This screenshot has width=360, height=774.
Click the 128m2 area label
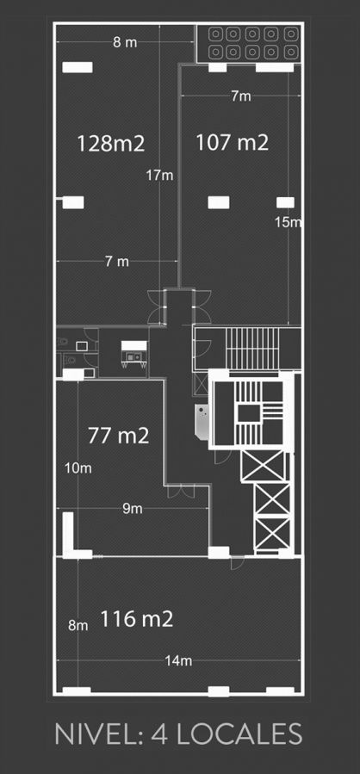click(x=110, y=144)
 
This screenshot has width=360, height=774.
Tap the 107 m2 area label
click(x=232, y=143)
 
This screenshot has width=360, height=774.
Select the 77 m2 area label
click(x=119, y=436)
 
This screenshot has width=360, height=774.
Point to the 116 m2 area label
click(x=137, y=618)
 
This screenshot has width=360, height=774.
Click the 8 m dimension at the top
click(x=125, y=42)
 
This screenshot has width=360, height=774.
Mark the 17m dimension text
click(x=159, y=175)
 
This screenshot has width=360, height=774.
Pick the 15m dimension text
click(x=288, y=222)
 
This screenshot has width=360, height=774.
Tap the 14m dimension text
click(x=179, y=660)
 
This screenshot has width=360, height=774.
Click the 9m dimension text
click(x=133, y=509)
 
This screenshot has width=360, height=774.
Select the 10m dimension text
click(x=78, y=467)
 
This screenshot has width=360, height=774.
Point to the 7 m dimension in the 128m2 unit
click(x=117, y=262)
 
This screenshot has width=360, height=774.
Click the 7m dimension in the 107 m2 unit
click(x=241, y=96)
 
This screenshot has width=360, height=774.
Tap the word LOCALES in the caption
click(x=239, y=734)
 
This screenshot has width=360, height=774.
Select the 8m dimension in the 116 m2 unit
click(x=78, y=625)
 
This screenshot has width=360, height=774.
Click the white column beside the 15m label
click(x=285, y=202)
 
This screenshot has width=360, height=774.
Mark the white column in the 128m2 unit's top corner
click(x=77, y=67)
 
